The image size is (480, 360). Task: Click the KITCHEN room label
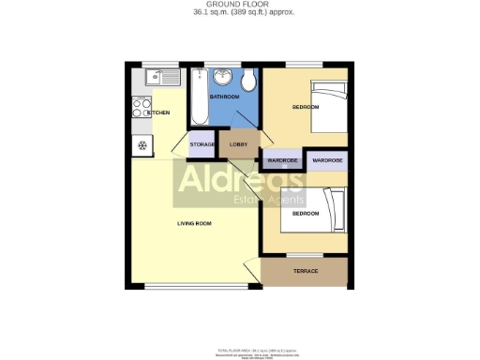(x=158, y=112)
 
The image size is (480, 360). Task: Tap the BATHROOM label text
(x=224, y=97)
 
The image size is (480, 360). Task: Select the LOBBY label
(x=238, y=144)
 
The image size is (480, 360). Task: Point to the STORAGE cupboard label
(x=202, y=144)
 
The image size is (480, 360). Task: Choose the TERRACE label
(x=306, y=271)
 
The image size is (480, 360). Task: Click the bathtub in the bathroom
(x=200, y=97)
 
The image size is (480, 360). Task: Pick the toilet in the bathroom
(x=248, y=77)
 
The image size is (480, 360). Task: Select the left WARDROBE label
(x=282, y=160)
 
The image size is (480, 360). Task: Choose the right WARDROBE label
(x=327, y=160)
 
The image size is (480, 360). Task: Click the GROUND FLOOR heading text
(x=239, y=5)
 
